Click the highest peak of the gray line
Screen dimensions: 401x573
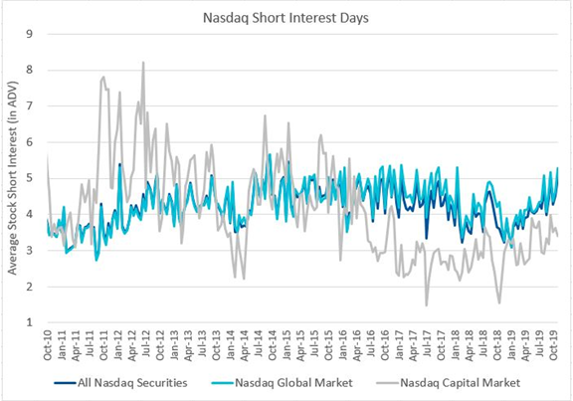pos(143,63)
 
